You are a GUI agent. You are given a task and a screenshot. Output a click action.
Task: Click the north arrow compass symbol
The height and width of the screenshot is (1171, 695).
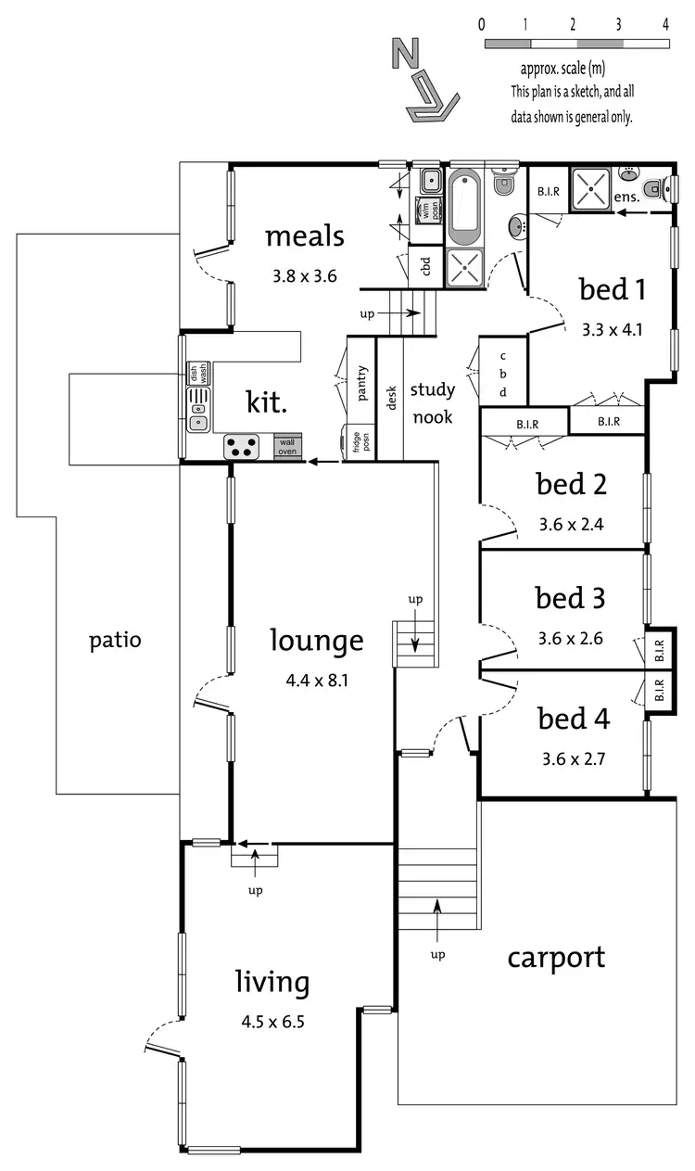pos(423,81)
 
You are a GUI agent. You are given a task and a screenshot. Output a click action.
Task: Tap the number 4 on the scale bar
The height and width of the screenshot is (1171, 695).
pos(666,25)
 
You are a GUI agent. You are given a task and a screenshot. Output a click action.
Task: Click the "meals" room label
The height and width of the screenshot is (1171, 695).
pos(304,236)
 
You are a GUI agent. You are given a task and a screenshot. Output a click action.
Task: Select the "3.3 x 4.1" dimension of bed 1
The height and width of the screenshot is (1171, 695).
pos(612,328)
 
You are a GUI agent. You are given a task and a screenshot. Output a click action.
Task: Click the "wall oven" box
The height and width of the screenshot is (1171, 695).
pos(287,447)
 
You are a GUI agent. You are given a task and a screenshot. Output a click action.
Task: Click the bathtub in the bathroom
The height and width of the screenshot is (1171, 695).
pos(463,204)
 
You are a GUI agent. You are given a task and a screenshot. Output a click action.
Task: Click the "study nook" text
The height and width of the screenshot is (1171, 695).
pos(432,403)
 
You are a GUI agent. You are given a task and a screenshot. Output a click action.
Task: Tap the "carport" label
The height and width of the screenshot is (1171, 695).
pos(556,958)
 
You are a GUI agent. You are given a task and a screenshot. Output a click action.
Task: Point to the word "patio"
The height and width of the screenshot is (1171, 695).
pos(115,640)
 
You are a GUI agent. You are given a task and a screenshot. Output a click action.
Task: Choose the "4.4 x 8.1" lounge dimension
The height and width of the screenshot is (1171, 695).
pos(317,681)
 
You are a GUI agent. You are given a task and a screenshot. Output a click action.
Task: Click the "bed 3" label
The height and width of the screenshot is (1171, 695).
pos(571,599)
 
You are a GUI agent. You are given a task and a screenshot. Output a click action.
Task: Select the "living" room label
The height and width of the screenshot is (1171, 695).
pos(272,982)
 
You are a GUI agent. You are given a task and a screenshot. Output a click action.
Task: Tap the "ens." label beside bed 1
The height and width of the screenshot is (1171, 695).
pos(626,197)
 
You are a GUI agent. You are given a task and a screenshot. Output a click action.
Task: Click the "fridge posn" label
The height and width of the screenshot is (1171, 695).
pos(360,441)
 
